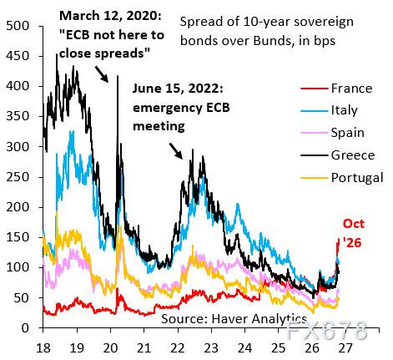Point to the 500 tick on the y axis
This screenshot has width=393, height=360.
[18, 26]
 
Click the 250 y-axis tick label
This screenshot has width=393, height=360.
[18, 177]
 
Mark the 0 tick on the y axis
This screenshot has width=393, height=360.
[25, 328]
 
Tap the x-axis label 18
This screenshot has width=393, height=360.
[43, 347]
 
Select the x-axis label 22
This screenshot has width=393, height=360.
[178, 347]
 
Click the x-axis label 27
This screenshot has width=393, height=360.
[345, 347]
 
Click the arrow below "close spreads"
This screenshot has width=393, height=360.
[102, 74]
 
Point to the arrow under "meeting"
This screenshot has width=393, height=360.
[176, 151]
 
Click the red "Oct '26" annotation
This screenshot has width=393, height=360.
[353, 233]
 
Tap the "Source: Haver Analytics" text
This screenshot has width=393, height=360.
[234, 318]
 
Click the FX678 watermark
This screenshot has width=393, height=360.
[326, 330]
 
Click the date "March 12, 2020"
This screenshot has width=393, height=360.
[110, 16]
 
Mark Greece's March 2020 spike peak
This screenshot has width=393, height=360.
[118, 76]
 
